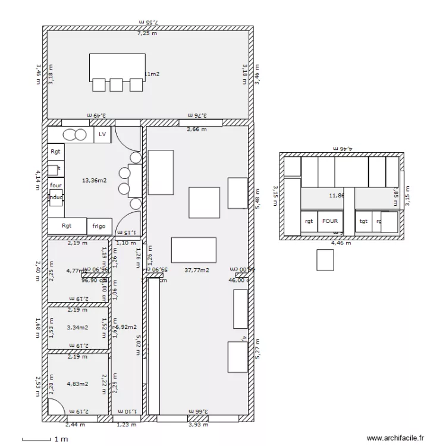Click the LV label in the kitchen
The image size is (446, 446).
[102, 135]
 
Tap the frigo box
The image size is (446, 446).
[99, 226]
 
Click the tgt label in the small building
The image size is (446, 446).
[363, 221]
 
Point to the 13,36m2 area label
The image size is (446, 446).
[95, 180]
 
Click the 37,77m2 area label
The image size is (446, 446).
[196, 270]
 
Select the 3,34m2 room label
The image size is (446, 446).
[77, 326]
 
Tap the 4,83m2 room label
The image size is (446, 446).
[77, 384]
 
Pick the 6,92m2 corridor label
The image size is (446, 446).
[125, 326]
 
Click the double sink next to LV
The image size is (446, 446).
[74, 135]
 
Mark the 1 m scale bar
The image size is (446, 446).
[36, 440]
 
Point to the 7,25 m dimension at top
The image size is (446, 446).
[147, 34]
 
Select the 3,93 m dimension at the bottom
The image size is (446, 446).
[198, 425]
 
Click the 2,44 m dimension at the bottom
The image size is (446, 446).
[74, 425]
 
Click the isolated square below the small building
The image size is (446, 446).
[325, 260]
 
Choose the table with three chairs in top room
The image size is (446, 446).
[117, 71]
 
